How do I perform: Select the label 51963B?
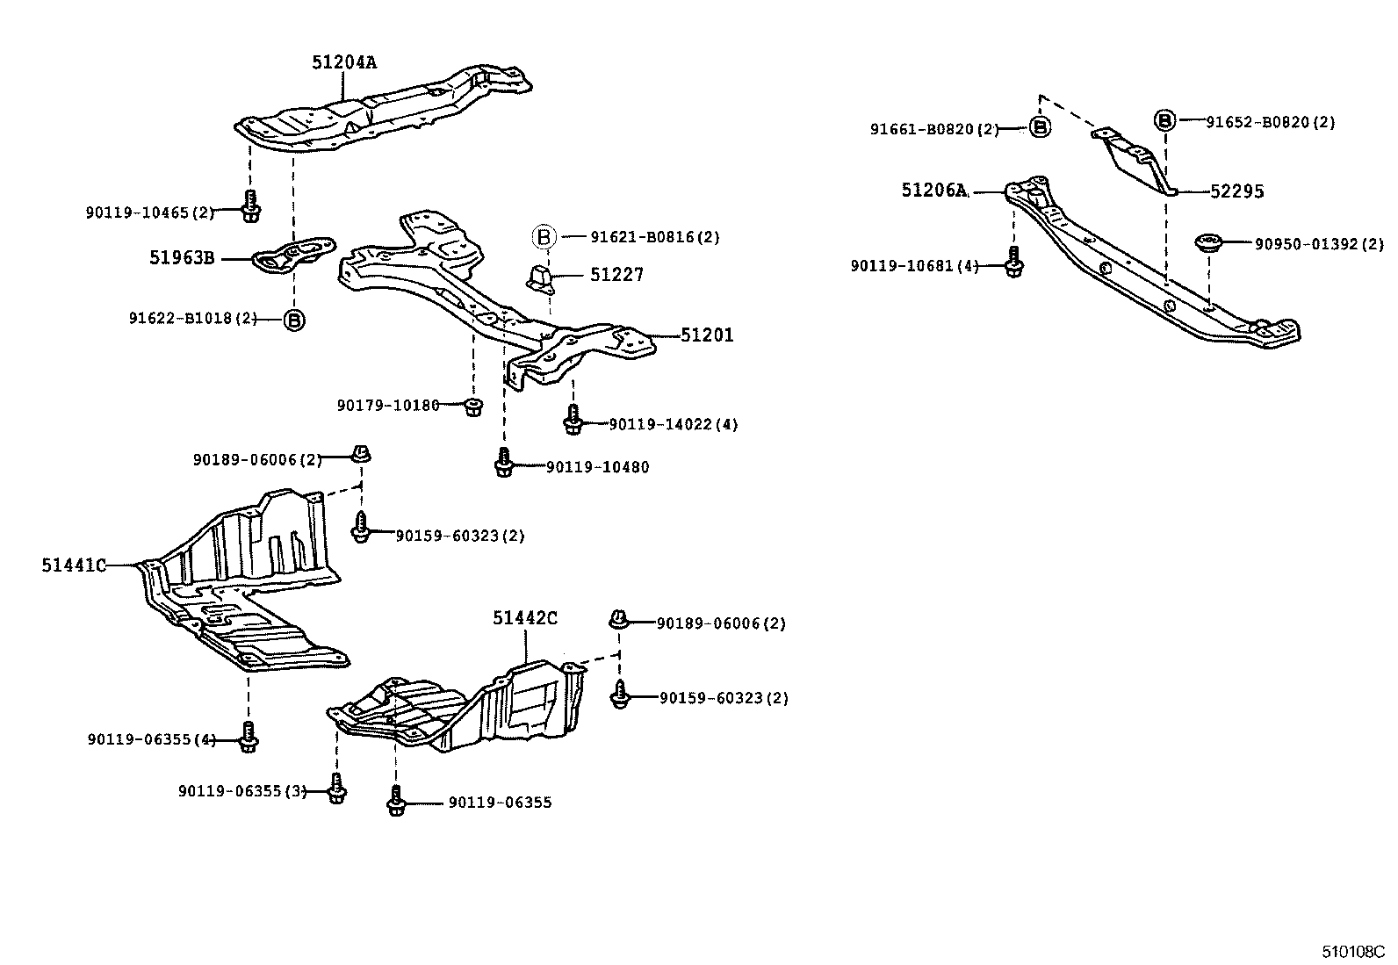point(182,258)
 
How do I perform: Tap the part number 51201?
point(707,335)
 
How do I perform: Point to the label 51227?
point(616,275)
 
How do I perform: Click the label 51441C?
point(74,565)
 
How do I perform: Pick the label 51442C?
point(524,618)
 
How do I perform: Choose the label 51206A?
point(934,191)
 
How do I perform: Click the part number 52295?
point(1236,191)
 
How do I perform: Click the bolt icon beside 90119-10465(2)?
point(250,206)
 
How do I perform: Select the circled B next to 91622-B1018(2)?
point(294,320)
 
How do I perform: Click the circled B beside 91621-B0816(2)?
point(544,237)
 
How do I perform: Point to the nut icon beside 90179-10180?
point(473,406)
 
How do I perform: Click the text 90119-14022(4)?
point(673,425)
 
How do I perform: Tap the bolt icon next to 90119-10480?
point(504,463)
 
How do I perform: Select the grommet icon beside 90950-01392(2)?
point(1209,243)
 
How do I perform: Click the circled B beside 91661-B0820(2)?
point(1040,128)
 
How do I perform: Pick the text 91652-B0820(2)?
point(1270,123)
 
